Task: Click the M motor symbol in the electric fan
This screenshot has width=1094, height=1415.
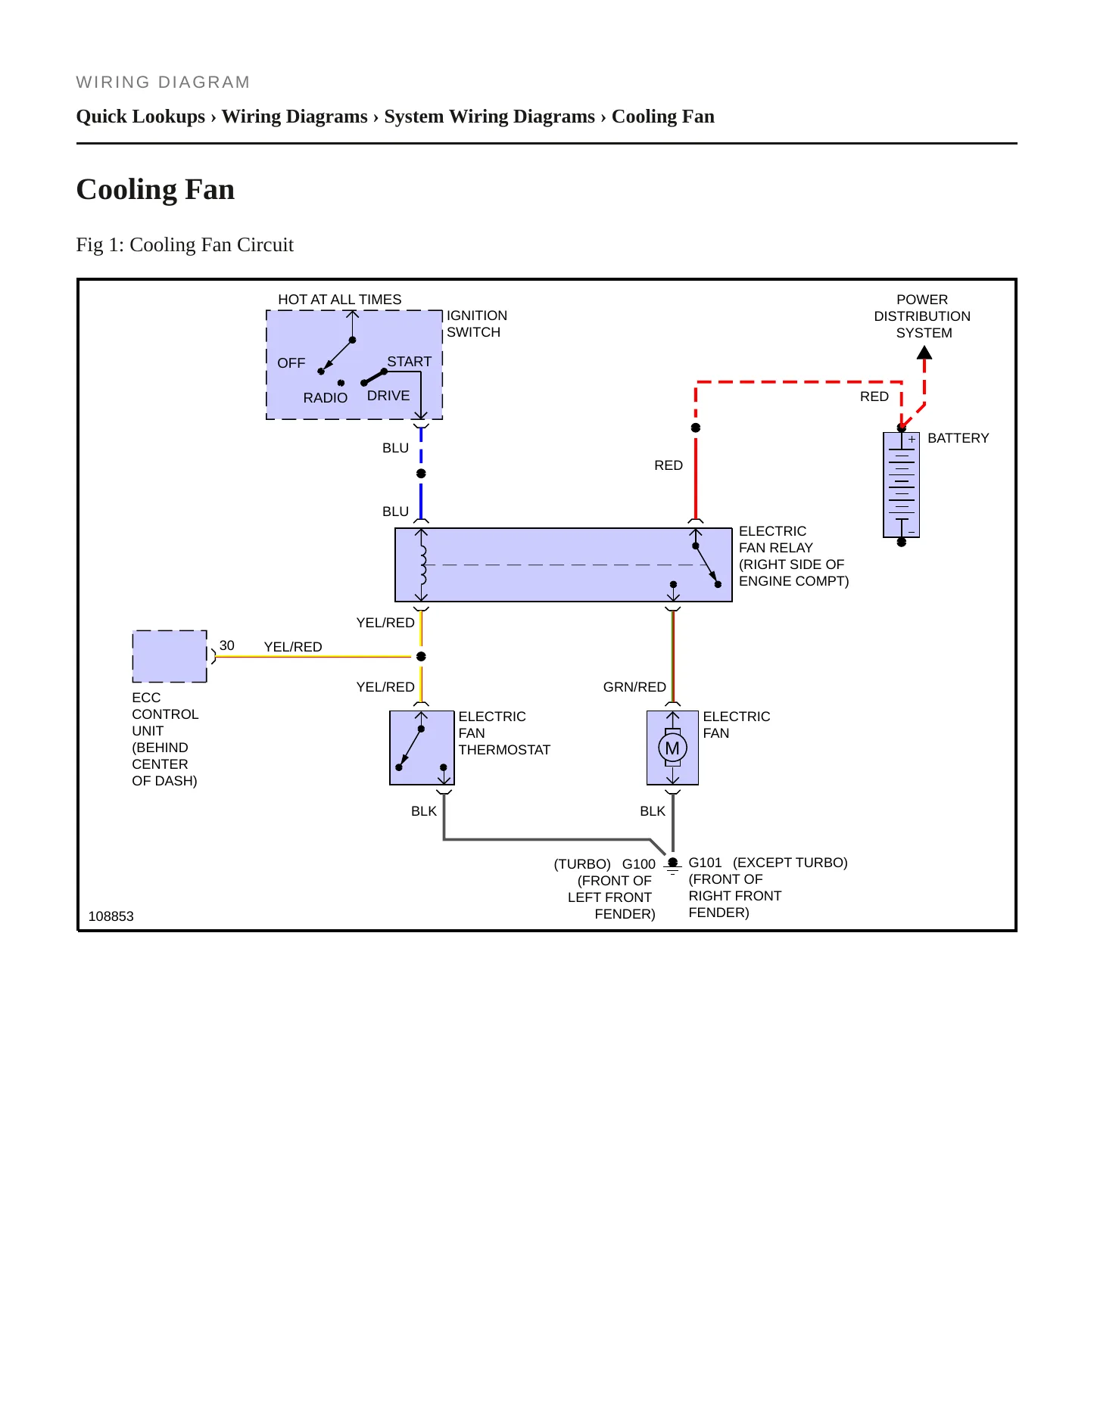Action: [x=672, y=748]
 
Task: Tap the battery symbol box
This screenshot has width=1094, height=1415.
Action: [x=901, y=485]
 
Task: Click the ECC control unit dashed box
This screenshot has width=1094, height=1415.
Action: [x=170, y=656]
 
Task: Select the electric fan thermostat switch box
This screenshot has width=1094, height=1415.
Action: [x=422, y=748]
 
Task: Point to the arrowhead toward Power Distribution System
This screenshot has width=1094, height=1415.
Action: [x=924, y=353]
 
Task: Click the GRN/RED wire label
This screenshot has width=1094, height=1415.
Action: [x=634, y=687]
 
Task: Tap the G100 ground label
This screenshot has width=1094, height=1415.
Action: [x=639, y=864]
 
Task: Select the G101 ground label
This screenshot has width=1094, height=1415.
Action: [x=705, y=863]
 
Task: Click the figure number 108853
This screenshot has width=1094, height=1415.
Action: [x=111, y=916]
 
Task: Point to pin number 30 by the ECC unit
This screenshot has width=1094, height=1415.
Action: [x=227, y=645]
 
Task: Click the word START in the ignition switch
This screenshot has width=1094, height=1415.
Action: [x=410, y=362]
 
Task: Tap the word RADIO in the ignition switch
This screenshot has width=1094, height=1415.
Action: [x=326, y=398]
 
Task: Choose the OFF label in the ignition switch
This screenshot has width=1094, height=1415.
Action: [x=291, y=363]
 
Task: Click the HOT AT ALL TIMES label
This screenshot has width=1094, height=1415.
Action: [x=340, y=300]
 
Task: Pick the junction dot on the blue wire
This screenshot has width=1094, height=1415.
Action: [x=421, y=474]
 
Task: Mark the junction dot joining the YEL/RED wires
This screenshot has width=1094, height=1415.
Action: [x=421, y=656]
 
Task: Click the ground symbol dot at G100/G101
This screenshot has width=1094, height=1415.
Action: [x=672, y=863]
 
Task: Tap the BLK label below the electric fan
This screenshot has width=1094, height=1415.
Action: [x=653, y=811]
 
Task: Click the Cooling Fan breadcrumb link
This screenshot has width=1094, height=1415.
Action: [x=663, y=117]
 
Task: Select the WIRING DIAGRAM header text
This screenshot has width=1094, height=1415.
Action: [x=163, y=82]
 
